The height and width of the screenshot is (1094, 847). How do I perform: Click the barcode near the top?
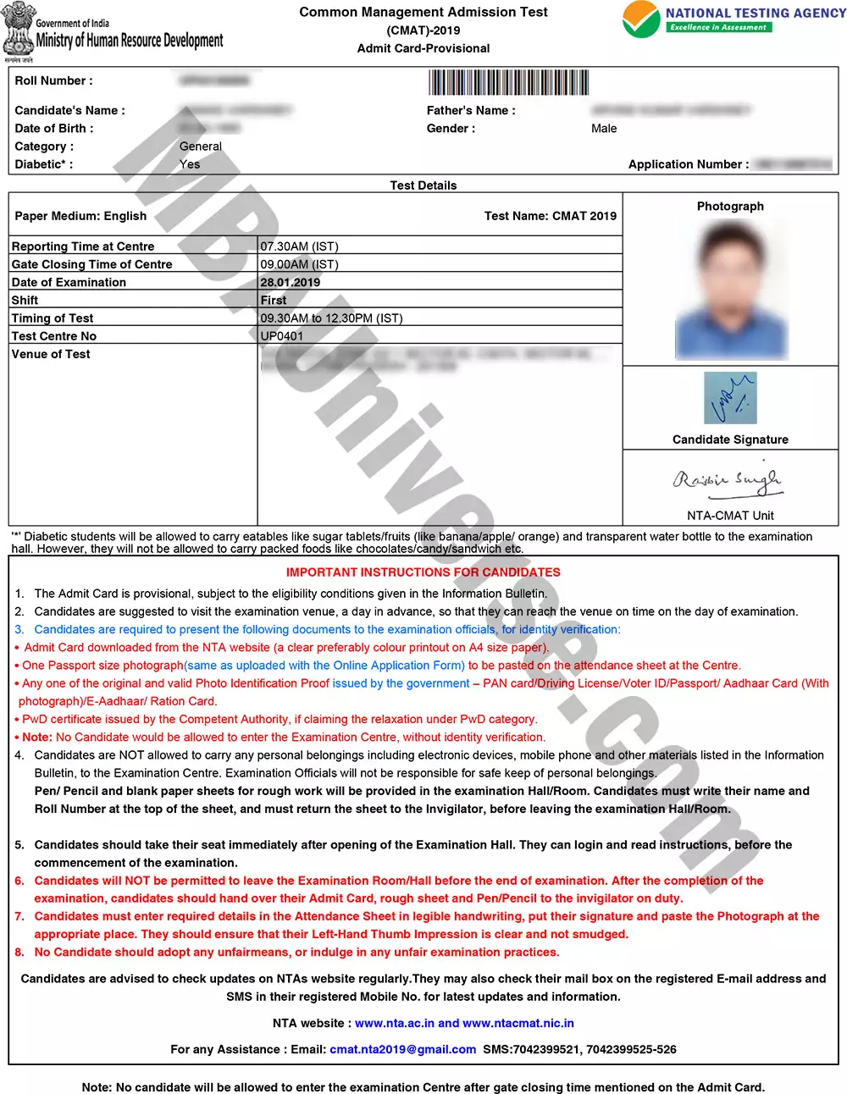(x=508, y=82)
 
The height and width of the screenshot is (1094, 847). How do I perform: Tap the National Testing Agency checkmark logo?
(x=641, y=19)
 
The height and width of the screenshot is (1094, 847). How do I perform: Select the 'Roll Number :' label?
(x=54, y=80)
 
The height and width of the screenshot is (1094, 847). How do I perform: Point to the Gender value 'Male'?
(x=604, y=129)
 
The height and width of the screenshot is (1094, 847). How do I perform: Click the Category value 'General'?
(x=201, y=146)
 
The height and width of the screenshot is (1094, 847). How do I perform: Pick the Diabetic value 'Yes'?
(x=190, y=164)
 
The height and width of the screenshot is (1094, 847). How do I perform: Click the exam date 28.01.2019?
(x=291, y=283)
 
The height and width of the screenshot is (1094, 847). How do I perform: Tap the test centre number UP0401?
(x=281, y=336)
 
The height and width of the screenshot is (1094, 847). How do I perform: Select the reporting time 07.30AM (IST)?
(x=299, y=246)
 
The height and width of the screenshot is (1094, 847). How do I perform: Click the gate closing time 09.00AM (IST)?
(x=299, y=264)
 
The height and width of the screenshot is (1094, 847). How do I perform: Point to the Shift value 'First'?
(x=274, y=301)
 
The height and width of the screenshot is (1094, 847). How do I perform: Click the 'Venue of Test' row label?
(x=51, y=354)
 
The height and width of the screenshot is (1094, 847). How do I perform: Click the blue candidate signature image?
(x=730, y=398)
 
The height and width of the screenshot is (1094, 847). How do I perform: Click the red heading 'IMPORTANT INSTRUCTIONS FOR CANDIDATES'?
(x=423, y=572)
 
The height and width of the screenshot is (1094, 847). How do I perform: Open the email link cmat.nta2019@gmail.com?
(x=403, y=1049)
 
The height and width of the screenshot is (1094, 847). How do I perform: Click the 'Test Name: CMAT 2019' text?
(x=551, y=216)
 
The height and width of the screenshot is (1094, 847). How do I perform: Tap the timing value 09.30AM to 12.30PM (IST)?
(x=331, y=318)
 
